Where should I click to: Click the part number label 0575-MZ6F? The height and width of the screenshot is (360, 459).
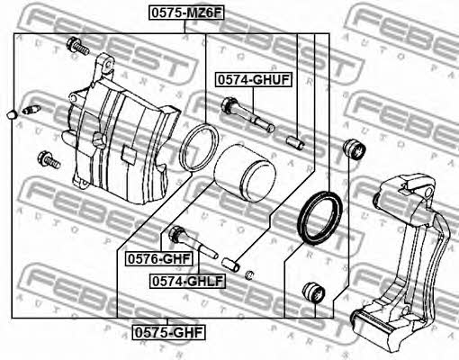pos(186,13)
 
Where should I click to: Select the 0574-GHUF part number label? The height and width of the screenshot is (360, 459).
pos(254,80)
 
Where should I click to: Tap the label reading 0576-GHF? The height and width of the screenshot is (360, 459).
pos(159,259)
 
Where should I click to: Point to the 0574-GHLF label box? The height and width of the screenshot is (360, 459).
pos(187,281)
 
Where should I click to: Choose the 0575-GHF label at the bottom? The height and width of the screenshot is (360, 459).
pos(168,332)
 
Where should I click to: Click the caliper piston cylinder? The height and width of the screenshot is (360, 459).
pos(244,174)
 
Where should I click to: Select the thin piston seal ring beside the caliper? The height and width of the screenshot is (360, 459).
pos(199,148)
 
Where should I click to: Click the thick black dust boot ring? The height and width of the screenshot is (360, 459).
pos(319,217)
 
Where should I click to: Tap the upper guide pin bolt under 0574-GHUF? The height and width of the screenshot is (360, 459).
pos(247,114)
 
